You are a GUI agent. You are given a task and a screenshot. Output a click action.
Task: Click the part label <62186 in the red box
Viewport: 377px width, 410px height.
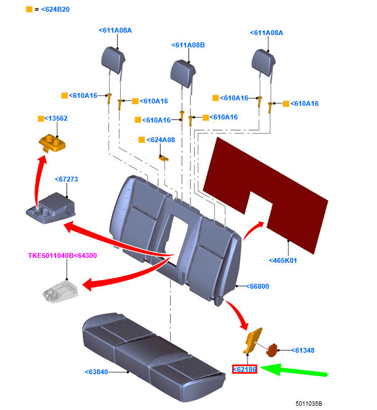click(x=245, y=369)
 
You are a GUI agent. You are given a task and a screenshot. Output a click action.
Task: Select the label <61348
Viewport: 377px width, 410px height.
click(x=303, y=350)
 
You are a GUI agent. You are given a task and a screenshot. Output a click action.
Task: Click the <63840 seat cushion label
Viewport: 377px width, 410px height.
click(x=96, y=372)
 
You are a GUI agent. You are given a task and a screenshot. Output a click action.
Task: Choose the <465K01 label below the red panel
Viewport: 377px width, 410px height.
click(x=283, y=260)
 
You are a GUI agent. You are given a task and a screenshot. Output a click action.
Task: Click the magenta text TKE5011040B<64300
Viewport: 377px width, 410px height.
click(x=62, y=255)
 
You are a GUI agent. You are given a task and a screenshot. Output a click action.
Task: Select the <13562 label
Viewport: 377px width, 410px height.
click(x=56, y=118)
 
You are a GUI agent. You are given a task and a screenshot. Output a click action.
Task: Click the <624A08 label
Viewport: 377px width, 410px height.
click(x=161, y=140)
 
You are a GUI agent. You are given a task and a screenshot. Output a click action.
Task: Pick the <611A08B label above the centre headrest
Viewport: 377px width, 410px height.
click(x=188, y=45)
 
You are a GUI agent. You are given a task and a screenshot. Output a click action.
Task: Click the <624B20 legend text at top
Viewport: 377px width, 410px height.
click(x=52, y=9)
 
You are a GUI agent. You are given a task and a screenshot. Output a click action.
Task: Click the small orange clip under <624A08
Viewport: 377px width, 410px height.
click(x=164, y=158)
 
